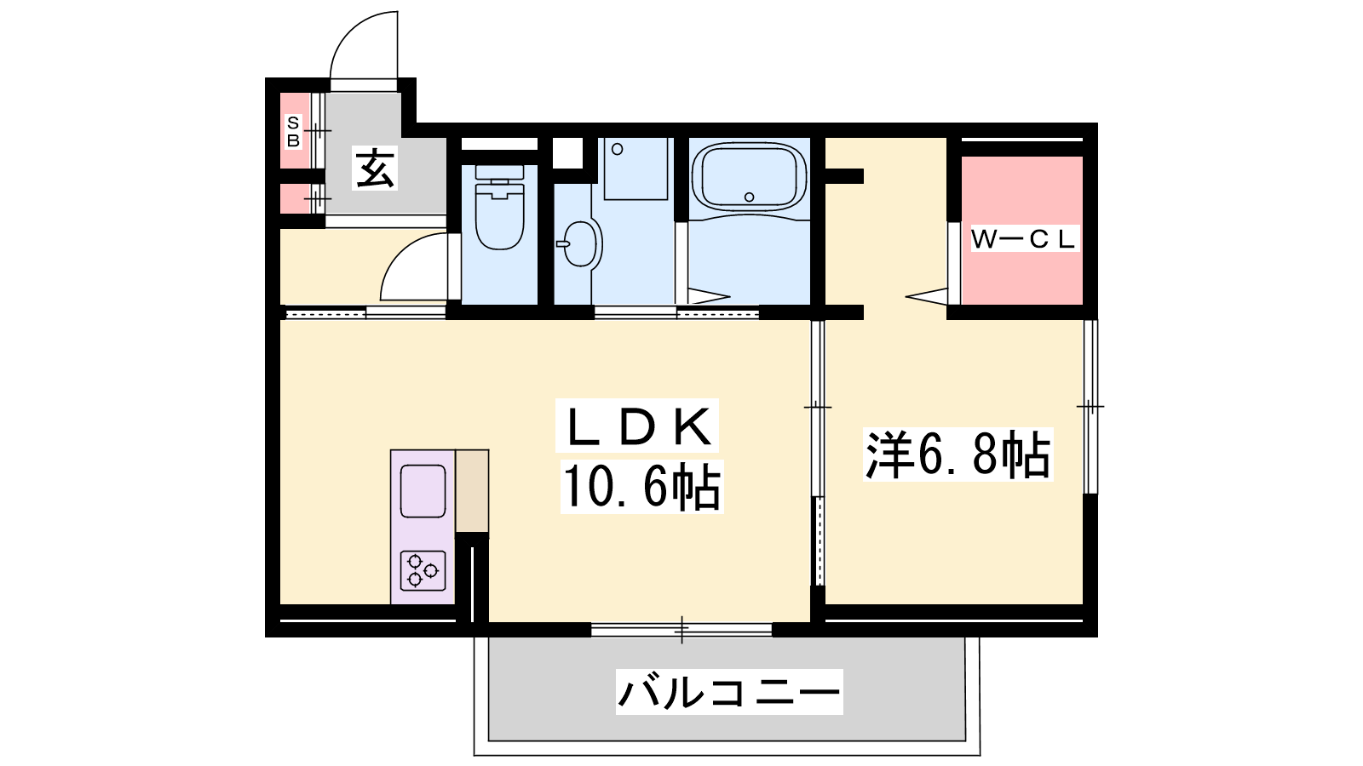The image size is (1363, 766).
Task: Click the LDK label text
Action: click(637, 426)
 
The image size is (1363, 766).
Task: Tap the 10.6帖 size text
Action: click(642, 486)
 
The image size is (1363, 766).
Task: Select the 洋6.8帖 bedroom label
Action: click(958, 455)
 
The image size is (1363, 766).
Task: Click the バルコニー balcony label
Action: click(729, 692)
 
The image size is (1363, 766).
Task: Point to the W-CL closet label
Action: click(1025, 239)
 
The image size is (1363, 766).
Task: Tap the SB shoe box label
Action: click(293, 132)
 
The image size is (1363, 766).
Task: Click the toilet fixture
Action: click(499, 208)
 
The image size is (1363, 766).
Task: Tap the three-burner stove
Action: click(423, 571)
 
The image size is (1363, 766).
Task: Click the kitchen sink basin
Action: click(423, 491)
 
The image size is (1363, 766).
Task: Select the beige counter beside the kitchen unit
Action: click(472, 491)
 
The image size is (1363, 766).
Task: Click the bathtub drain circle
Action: click(749, 197)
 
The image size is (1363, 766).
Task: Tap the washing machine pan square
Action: click(635, 169)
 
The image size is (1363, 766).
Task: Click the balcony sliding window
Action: click(681, 630)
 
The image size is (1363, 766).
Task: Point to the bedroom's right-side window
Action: click(1090, 406)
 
